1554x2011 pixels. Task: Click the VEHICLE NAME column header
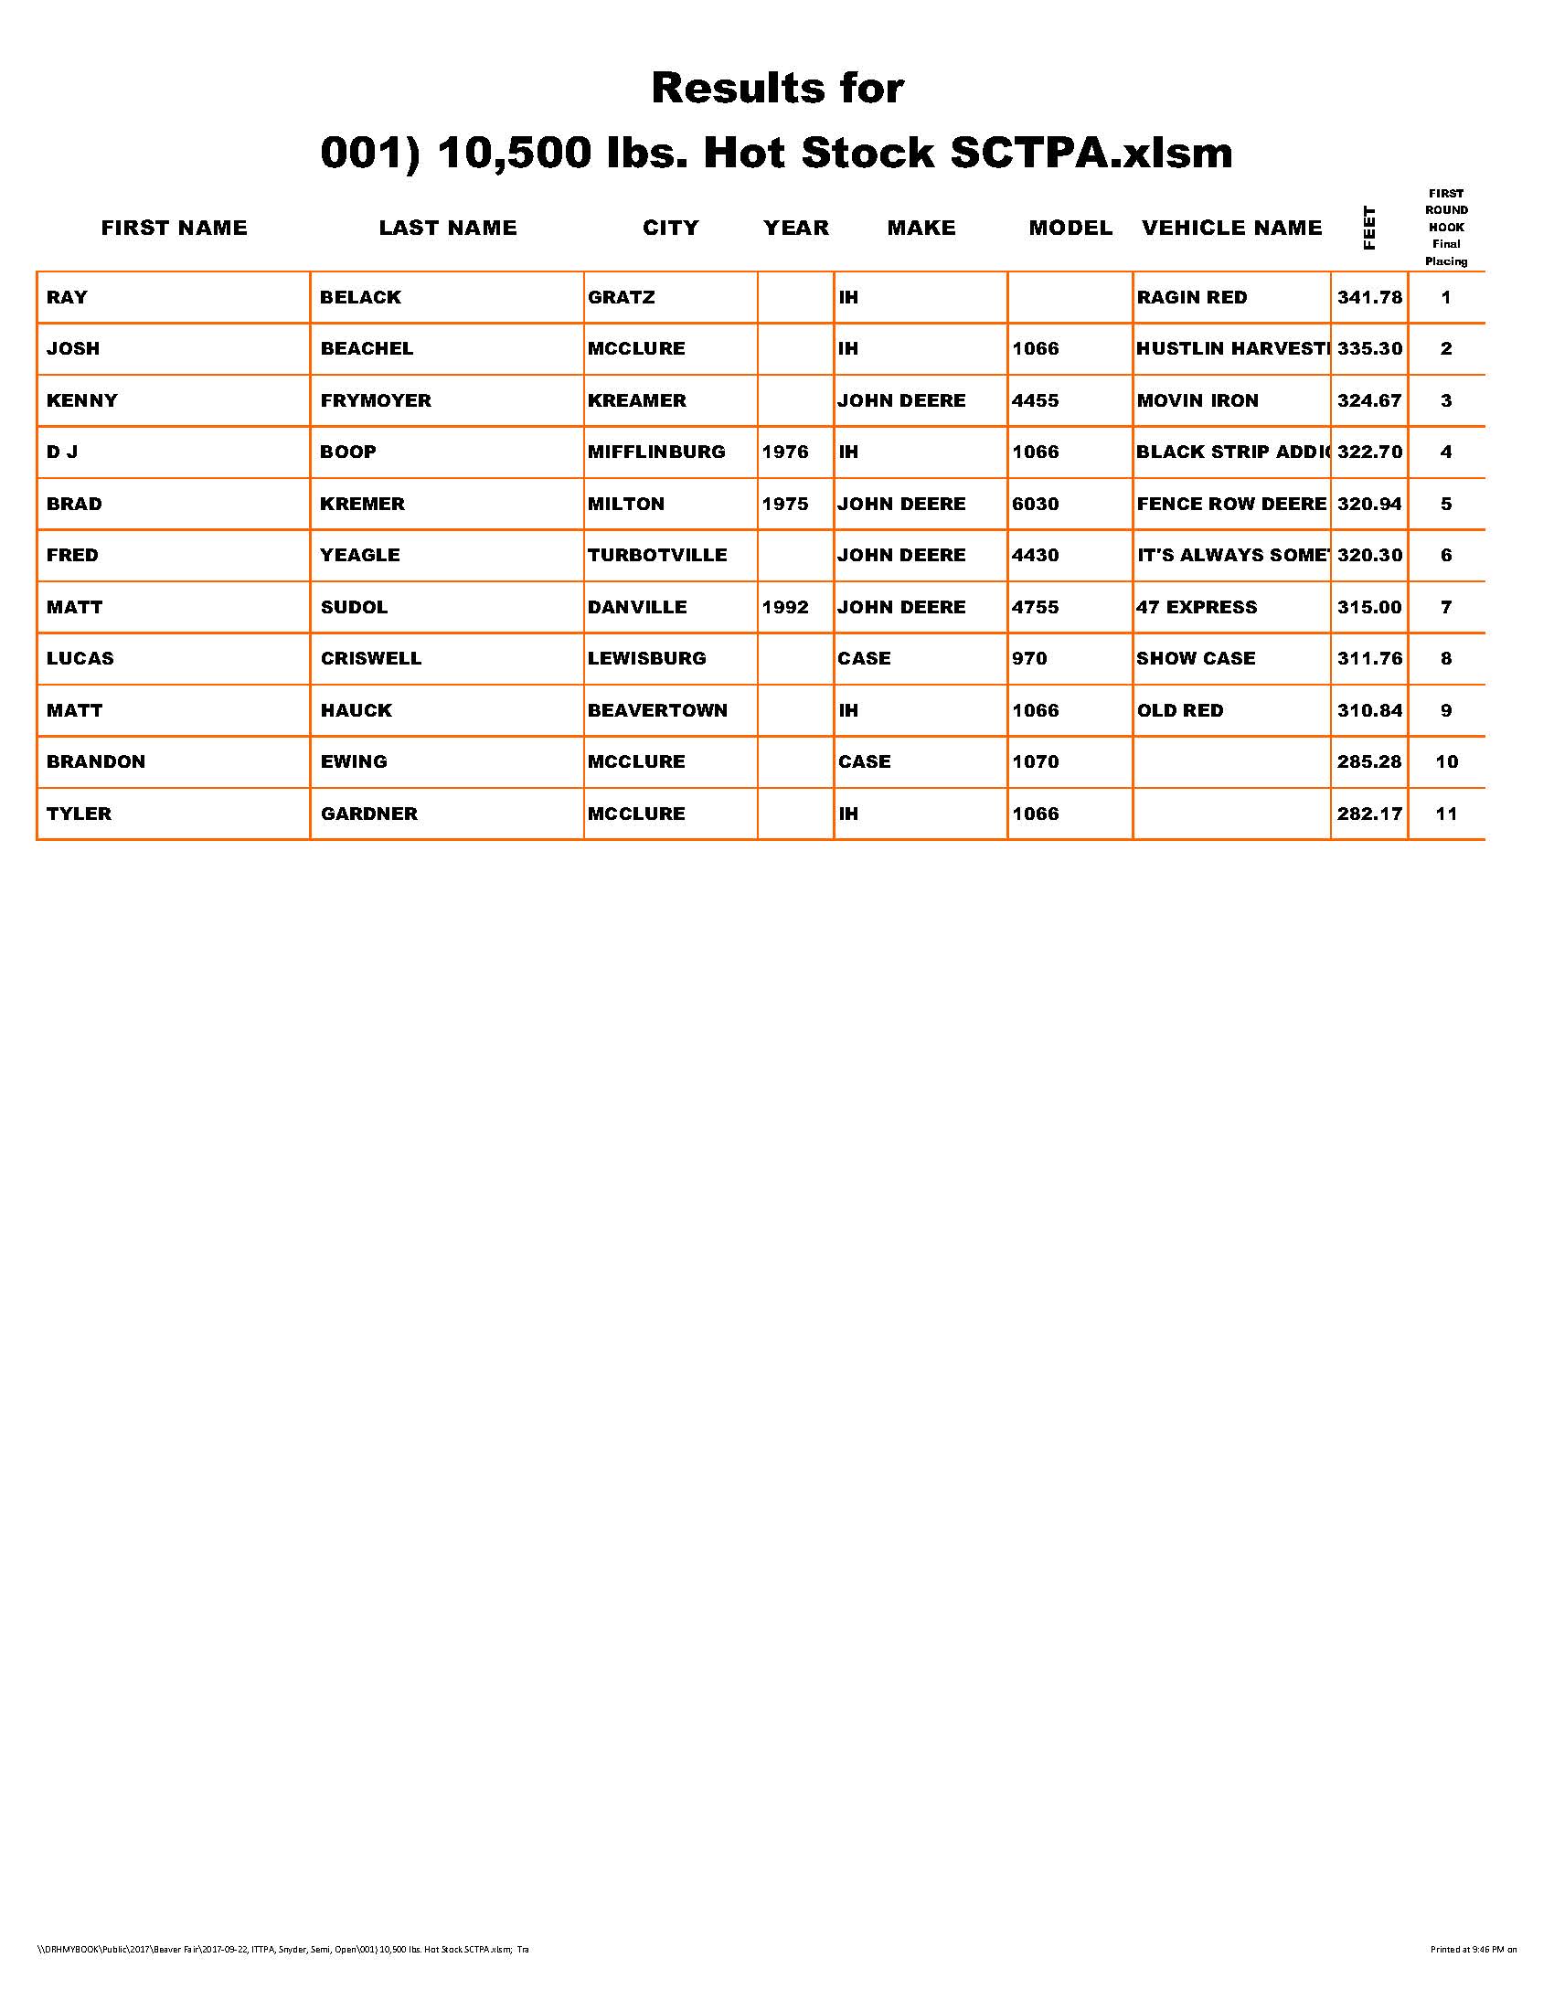1231,228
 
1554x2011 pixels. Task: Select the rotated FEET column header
1369,228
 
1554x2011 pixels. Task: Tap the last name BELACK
360,297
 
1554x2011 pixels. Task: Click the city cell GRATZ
622,297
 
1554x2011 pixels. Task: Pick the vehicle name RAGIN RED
1191,297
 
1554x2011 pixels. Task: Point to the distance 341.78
1369,297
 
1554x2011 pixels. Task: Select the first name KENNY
82,400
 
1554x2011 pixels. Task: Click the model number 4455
1035,400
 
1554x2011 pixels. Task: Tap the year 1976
785,452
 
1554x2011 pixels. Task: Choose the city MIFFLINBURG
656,452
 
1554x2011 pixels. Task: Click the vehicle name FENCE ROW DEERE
1231,504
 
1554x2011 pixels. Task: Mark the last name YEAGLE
360,555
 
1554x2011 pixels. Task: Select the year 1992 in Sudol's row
785,607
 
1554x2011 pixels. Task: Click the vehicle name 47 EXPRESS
1196,607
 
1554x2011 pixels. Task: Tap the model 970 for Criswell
1028,658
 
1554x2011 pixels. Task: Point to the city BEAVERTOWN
657,710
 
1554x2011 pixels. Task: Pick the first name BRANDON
96,761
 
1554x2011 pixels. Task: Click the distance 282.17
1369,814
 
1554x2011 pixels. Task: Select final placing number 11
1446,814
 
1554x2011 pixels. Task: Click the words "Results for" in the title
777,89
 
